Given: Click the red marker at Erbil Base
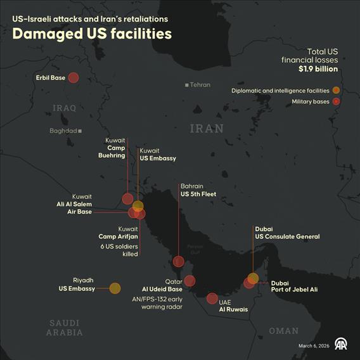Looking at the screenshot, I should pos(73,78).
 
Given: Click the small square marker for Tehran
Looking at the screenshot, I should pos(187,85).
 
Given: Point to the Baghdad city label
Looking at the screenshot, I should pos(63,131).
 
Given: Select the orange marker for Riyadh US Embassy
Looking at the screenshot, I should pos(115,288).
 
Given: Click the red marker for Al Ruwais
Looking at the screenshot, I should pos(212,298).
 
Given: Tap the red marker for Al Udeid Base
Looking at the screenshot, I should pos(190,281).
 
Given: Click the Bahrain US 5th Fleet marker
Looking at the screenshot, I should pos(179,261).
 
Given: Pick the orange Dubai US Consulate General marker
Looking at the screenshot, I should pos(253,278).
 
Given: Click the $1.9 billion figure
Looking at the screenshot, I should pos(318,69).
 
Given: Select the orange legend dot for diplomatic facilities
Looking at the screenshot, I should pos(336,91).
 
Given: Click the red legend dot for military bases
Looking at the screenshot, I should pos(336,101).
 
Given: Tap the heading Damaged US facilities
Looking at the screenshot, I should pos(92,34).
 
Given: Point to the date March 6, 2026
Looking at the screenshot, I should pos(314,345).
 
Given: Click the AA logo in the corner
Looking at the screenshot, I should pos(342,345).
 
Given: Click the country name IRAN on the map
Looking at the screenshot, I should pos(207,129).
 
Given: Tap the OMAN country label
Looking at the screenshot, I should pos(283,331).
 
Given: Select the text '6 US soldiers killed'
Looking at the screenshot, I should pos(120,250).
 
